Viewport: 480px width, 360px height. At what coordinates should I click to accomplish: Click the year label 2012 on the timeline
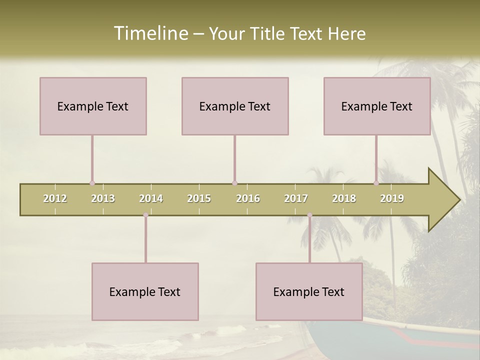(55, 198)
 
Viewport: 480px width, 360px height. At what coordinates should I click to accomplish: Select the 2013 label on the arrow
(103, 198)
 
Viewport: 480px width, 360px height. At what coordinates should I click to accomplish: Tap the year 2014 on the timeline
(151, 198)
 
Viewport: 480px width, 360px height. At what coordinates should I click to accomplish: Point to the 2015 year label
(199, 198)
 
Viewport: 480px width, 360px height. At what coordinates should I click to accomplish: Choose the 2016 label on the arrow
(248, 198)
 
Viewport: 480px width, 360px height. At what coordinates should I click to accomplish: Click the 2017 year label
(296, 198)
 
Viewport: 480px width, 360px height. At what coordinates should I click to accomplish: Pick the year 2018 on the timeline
(344, 198)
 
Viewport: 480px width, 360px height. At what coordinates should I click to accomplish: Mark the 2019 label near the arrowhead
(392, 198)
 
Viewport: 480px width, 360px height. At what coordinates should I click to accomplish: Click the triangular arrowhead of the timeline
(443, 200)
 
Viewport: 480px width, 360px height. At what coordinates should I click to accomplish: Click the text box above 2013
(93, 106)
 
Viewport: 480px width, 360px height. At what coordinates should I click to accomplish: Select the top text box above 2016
(235, 106)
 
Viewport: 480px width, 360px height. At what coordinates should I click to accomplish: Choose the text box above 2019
(377, 106)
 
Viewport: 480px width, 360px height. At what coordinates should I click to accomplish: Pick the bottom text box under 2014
(145, 291)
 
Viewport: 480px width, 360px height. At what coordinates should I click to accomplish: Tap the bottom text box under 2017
(309, 291)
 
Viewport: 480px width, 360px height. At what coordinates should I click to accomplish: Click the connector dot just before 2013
(92, 183)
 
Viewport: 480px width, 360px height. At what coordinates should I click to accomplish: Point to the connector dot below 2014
(145, 215)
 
